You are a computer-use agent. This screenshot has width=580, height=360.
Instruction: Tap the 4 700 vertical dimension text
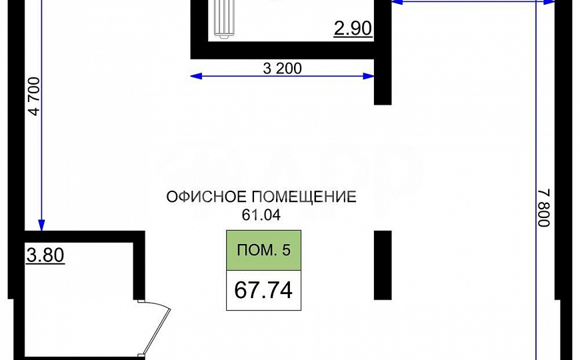[x=35, y=98]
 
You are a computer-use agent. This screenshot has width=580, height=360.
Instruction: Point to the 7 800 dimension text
[x=543, y=207]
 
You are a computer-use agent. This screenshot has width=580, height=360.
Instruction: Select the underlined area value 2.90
[x=352, y=29]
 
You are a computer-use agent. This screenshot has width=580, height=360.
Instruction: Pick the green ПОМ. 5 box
[x=264, y=251]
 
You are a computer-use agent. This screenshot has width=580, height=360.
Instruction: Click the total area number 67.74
[x=263, y=290]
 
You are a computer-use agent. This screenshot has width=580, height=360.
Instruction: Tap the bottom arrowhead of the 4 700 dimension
[x=41, y=225]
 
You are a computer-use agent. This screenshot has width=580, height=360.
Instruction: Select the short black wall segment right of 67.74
[x=382, y=265]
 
